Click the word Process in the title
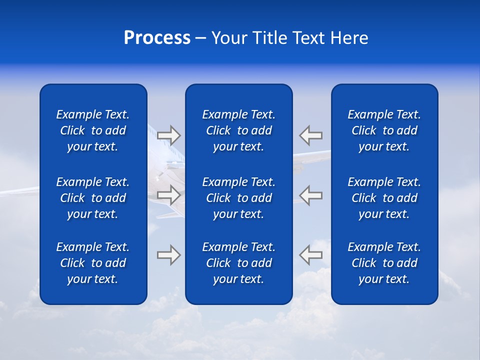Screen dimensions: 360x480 157,38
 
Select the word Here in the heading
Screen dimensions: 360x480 349,38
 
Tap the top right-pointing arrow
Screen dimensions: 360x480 168,135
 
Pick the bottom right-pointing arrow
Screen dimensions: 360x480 168,255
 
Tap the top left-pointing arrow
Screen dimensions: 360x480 311,135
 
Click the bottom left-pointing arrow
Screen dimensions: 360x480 311,255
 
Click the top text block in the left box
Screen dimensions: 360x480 93,130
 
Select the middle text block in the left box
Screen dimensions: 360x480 93,198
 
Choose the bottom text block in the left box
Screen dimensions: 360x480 93,263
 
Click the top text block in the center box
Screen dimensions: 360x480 239,130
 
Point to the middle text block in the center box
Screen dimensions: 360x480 239,198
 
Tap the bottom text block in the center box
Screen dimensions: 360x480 239,263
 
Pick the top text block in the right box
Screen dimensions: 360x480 384,130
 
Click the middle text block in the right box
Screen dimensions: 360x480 384,198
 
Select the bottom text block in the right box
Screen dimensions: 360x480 384,263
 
